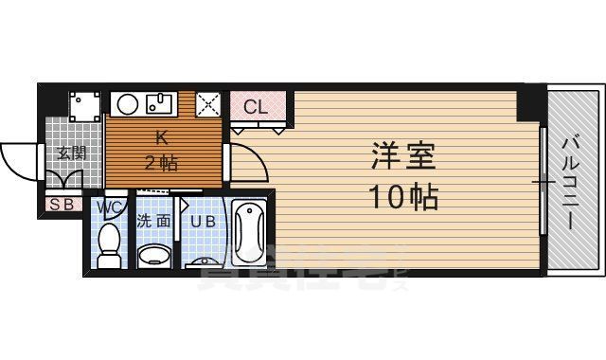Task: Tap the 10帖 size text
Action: coord(401,196)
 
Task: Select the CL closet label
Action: coord(257,106)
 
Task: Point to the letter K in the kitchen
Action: coord(160,135)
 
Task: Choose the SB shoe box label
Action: coord(62,203)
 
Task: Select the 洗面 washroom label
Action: coord(153,223)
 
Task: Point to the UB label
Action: coord(203,223)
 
